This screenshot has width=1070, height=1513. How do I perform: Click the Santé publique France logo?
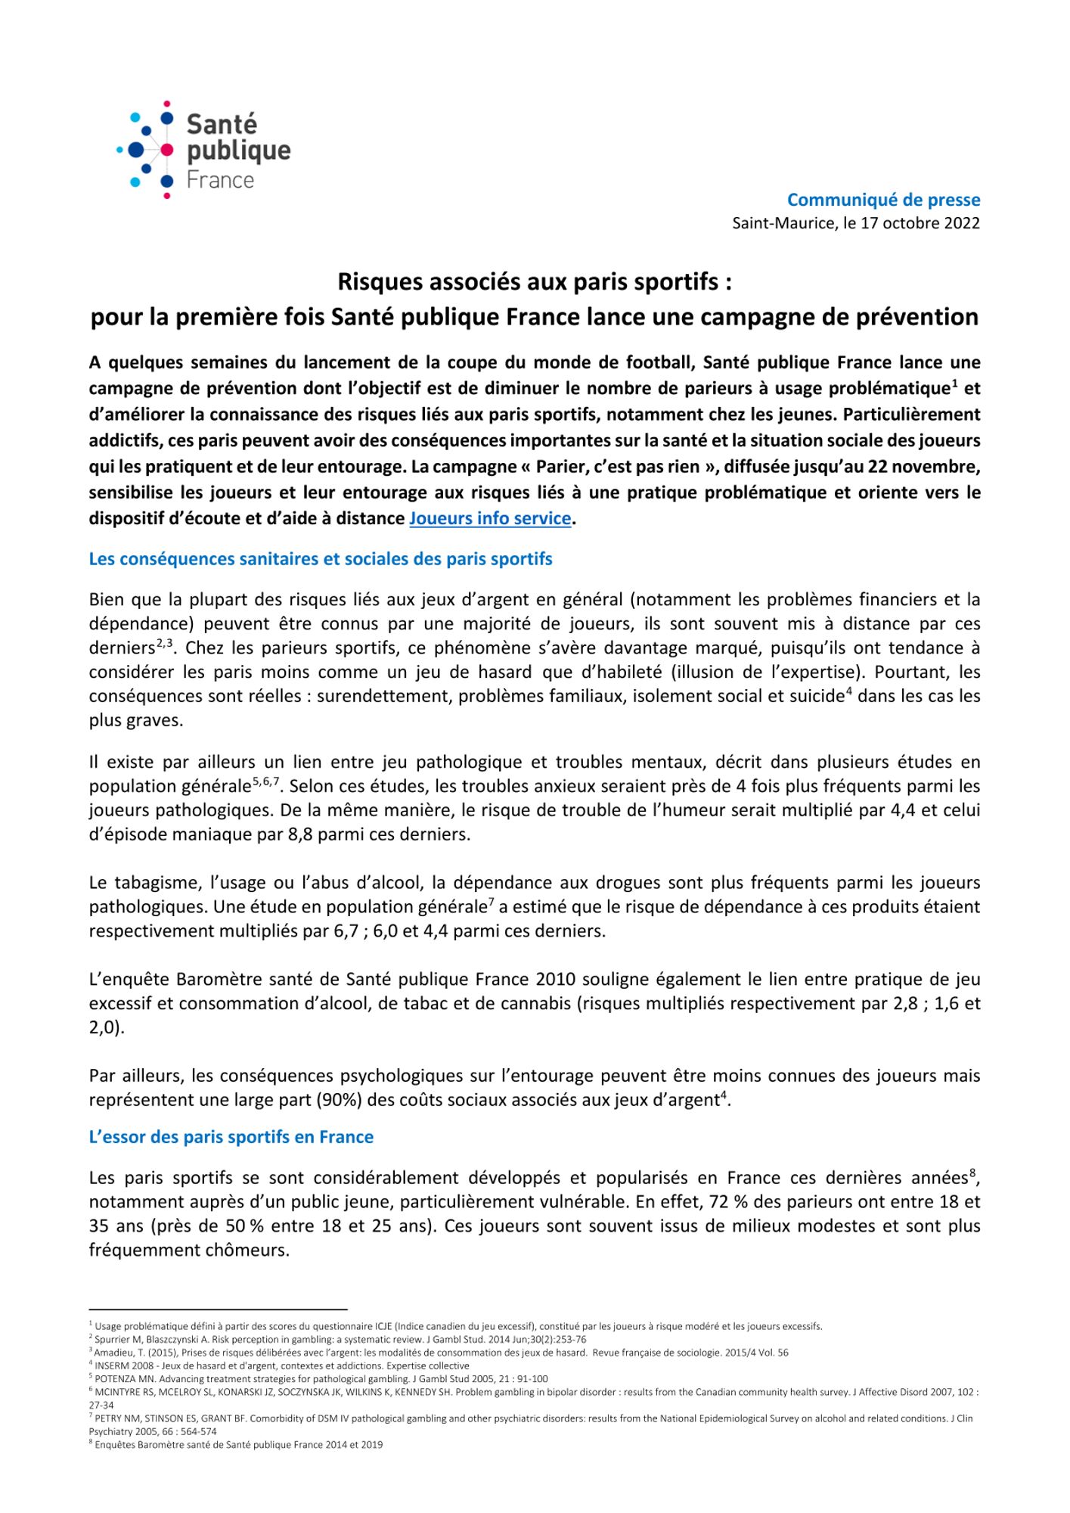click(203, 150)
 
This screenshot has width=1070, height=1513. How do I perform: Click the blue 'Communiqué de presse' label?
click(883, 200)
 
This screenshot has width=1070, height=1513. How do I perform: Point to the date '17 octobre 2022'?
click(920, 223)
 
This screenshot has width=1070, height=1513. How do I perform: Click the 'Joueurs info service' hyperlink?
click(489, 519)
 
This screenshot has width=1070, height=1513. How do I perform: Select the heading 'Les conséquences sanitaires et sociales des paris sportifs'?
click(321, 559)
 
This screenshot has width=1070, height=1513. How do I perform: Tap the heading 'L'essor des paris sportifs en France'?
click(231, 1137)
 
